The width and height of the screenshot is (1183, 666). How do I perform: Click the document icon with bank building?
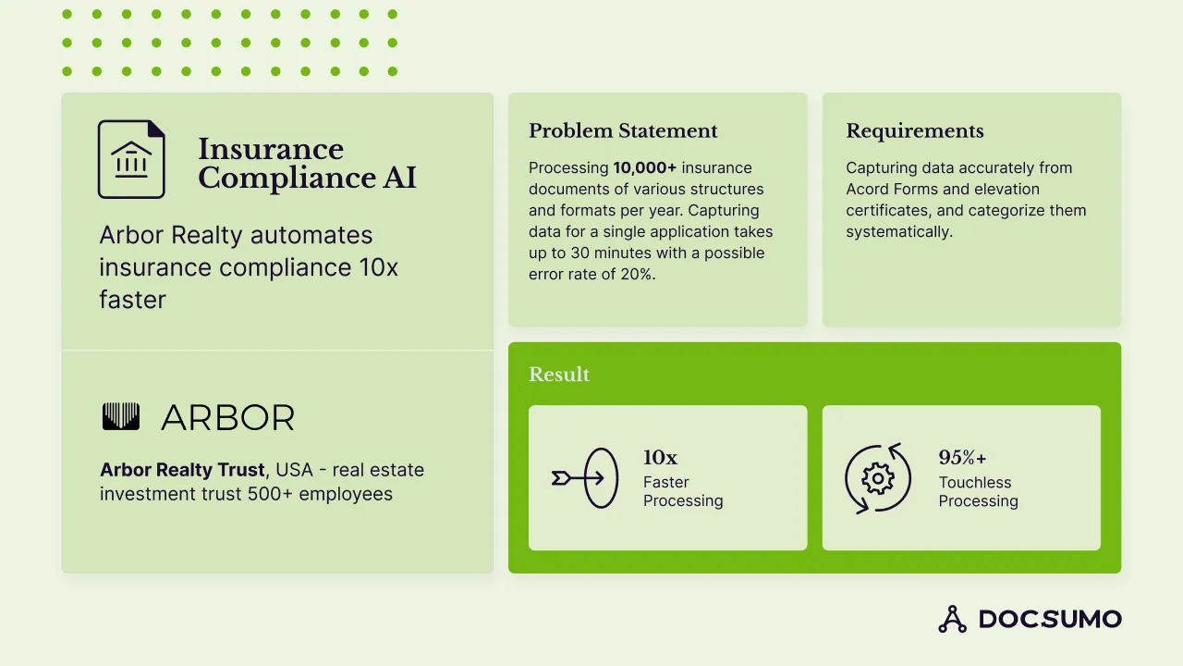pos(131,159)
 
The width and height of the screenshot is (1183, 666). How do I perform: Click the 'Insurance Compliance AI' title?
pos(307,164)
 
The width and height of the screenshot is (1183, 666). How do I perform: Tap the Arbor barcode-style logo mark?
pos(120,417)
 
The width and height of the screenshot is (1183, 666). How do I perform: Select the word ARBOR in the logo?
pos(227,418)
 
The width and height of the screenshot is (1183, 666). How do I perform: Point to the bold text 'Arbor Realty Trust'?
pos(182,470)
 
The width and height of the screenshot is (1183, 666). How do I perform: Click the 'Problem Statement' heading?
pos(623,131)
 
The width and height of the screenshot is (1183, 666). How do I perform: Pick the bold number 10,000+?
pos(645,168)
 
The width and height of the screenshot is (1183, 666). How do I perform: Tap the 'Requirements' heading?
pos(914,131)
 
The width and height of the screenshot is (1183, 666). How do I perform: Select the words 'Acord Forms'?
pos(891,190)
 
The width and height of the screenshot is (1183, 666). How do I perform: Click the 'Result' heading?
pos(558,375)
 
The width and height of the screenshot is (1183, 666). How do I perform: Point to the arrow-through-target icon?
pos(584,478)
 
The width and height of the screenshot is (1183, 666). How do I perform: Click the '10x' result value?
pos(660,458)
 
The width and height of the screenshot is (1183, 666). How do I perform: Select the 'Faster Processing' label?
pos(682,492)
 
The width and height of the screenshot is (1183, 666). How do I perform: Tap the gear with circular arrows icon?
pos(877,478)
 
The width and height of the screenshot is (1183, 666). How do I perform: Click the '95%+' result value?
pos(962,458)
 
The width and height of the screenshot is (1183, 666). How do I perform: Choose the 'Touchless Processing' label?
pos(978,492)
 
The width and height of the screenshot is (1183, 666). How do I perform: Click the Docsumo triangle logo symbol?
pos(952,619)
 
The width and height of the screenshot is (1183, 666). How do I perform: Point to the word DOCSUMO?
pos(1050,620)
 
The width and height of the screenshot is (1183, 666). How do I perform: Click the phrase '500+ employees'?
pos(320,494)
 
